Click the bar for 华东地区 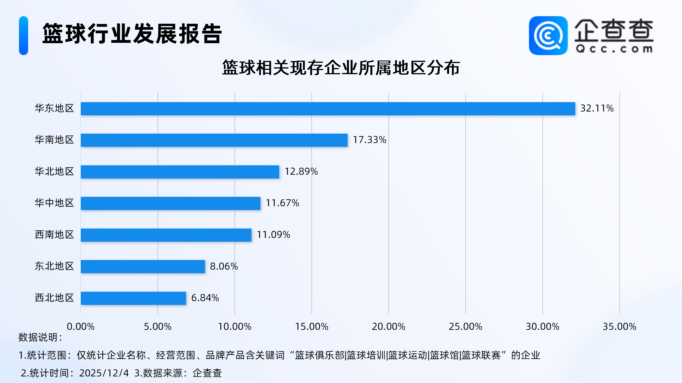(x=328, y=109)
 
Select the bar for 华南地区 (x=214, y=140)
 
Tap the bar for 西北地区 (x=133, y=298)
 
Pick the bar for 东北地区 (x=143, y=266)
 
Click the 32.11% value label (x=597, y=108)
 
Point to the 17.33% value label (x=369, y=140)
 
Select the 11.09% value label (x=273, y=235)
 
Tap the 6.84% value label (x=205, y=298)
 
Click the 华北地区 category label (x=54, y=171)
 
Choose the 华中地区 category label (x=54, y=203)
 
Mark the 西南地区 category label (x=54, y=235)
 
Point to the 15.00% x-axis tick (x=311, y=327)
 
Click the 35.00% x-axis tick (x=619, y=327)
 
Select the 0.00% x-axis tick (x=81, y=327)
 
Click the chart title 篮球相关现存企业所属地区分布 (x=341, y=68)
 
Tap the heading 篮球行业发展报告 (x=132, y=34)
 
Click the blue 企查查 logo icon (x=548, y=36)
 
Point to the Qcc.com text (x=614, y=49)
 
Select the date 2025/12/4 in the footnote (x=104, y=373)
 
